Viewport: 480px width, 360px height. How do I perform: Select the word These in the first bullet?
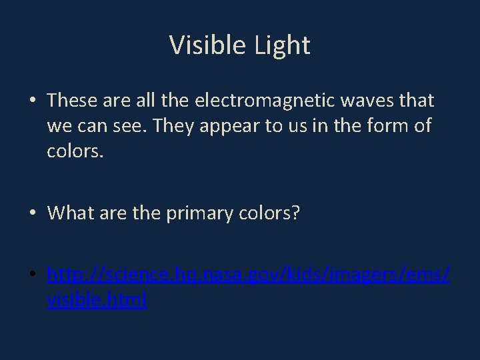(72, 101)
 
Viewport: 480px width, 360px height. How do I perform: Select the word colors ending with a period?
(75, 151)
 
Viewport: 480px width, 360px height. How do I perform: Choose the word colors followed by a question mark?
(269, 213)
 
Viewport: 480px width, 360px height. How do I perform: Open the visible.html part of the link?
(97, 301)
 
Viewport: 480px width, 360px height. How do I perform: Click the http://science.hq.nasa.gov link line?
(249, 275)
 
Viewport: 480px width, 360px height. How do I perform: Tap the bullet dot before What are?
(32, 214)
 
